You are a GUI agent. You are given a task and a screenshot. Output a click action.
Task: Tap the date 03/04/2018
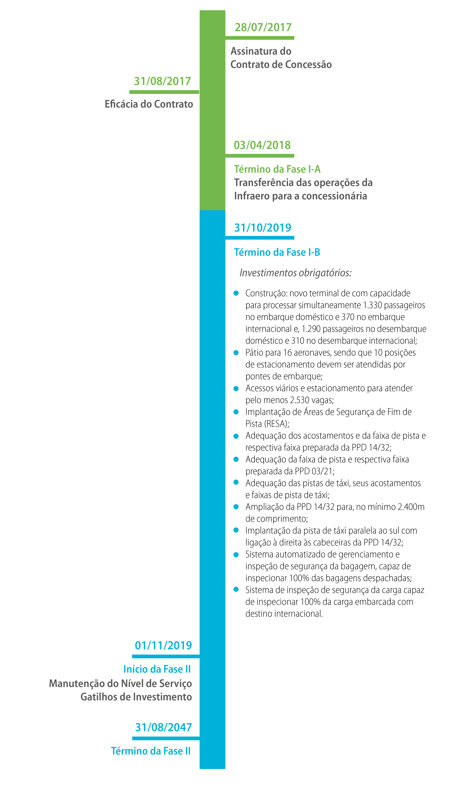[262, 145]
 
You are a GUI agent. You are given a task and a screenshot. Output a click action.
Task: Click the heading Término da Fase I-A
[277, 169]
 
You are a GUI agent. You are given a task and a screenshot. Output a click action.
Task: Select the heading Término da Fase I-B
[277, 252]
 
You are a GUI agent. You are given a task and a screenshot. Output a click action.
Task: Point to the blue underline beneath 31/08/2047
[166, 738]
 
